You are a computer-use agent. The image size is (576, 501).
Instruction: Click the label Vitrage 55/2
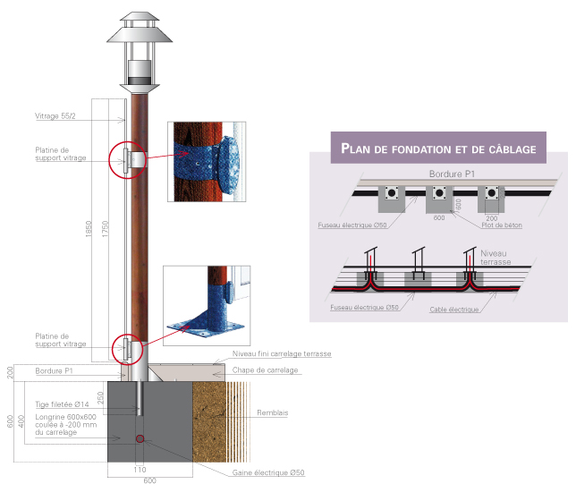pyautogui.click(x=55, y=116)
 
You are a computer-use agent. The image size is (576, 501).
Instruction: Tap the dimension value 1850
pyautogui.click(x=89, y=229)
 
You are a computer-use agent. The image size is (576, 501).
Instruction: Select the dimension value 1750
pyautogui.click(x=106, y=229)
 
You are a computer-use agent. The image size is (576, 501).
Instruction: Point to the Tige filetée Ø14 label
pyautogui.click(x=62, y=404)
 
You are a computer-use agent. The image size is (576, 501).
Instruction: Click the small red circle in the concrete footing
pyautogui.click(x=140, y=438)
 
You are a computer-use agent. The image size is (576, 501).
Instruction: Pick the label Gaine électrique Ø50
pyautogui.click(x=268, y=472)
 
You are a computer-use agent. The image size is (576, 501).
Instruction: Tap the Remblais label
pyautogui.click(x=272, y=412)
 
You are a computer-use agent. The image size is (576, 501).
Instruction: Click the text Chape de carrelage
pyautogui.click(x=265, y=370)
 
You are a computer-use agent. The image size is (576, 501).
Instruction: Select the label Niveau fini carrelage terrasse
pyautogui.click(x=282, y=353)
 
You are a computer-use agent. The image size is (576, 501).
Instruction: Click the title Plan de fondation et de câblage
pyautogui.click(x=438, y=149)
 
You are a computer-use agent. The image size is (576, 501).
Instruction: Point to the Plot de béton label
pyautogui.click(x=502, y=225)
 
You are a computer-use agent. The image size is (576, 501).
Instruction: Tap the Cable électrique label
pyautogui.click(x=454, y=310)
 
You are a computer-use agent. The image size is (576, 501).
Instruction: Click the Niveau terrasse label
pyautogui.click(x=496, y=258)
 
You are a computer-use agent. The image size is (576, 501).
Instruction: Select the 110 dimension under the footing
pyautogui.click(x=140, y=470)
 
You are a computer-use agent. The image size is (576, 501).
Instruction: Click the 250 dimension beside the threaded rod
pyautogui.click(x=100, y=398)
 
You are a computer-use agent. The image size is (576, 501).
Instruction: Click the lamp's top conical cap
pyautogui.click(x=140, y=16)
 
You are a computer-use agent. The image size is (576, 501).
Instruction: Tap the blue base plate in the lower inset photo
pyautogui.click(x=206, y=327)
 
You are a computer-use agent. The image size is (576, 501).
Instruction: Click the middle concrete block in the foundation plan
pyautogui.click(x=439, y=200)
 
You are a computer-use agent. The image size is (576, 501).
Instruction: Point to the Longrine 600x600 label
pyautogui.click(x=66, y=425)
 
